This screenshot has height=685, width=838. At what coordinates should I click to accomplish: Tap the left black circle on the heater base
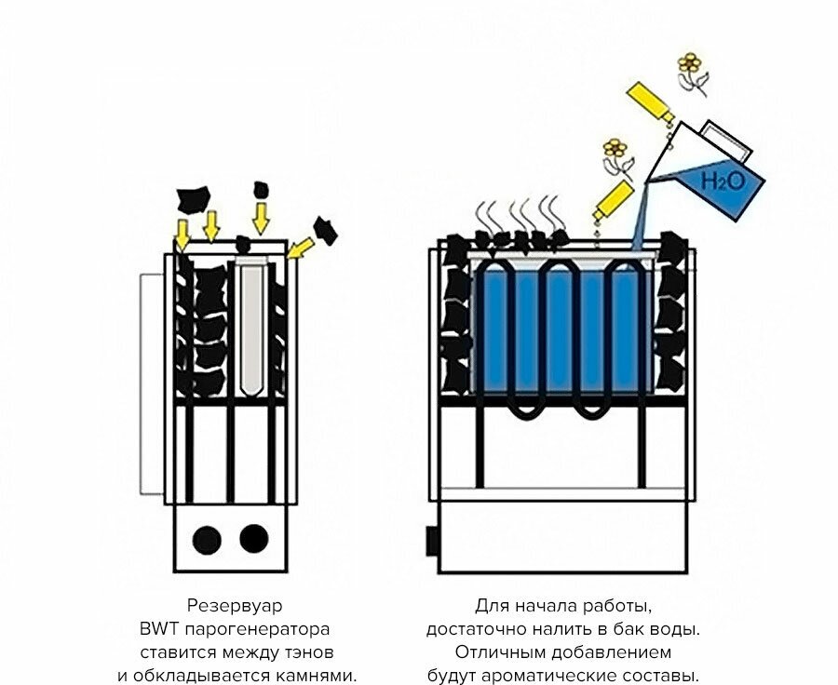pyautogui.click(x=207, y=538)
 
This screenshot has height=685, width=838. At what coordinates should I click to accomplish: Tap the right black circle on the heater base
pyautogui.click(x=253, y=538)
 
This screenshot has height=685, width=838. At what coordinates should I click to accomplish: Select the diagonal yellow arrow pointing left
pyautogui.click(x=300, y=247)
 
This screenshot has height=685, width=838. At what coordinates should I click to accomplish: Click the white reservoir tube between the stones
pyautogui.click(x=251, y=326)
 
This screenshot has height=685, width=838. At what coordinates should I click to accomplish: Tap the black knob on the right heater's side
pyautogui.click(x=433, y=539)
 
